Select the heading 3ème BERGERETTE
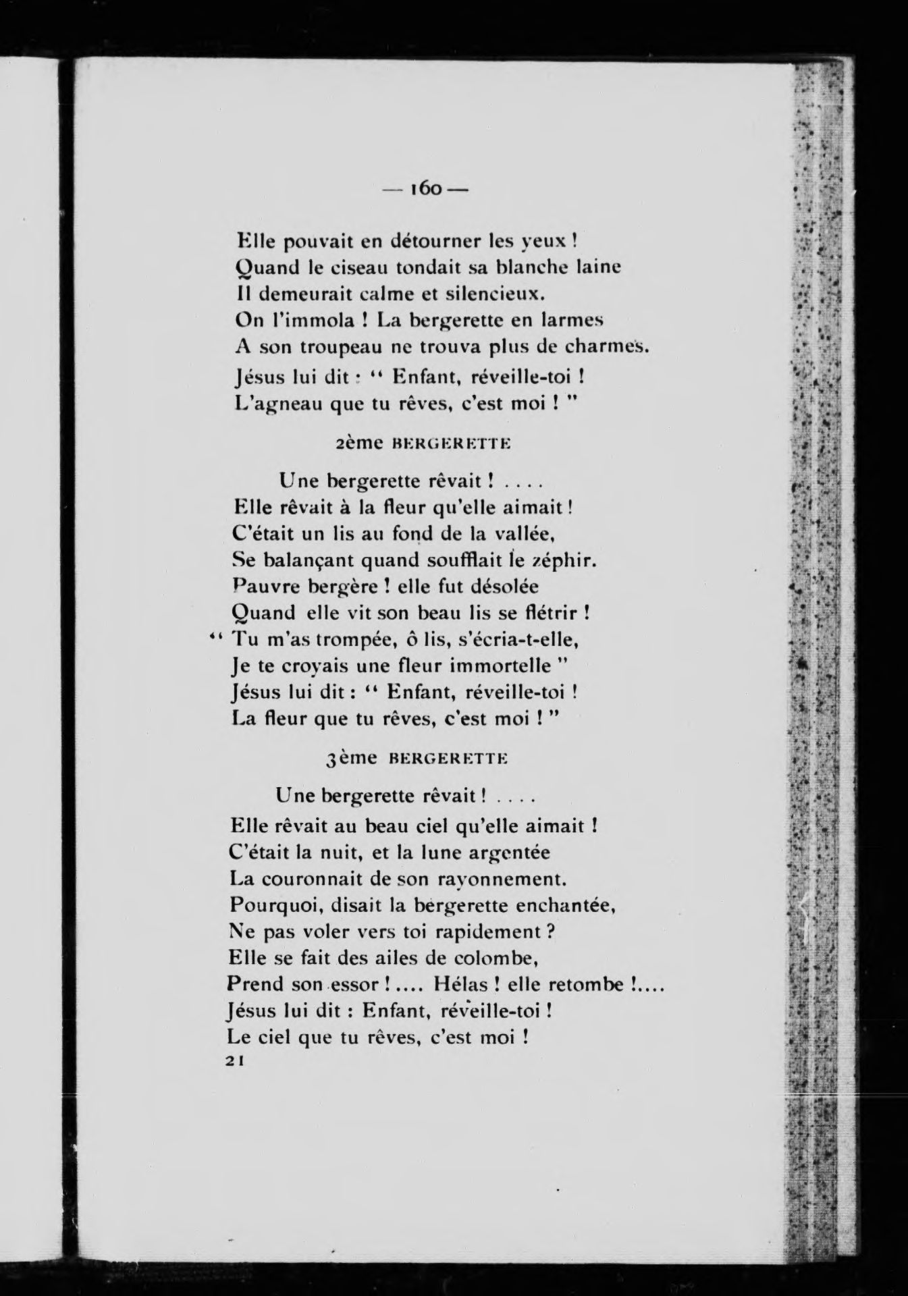click(416, 758)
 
